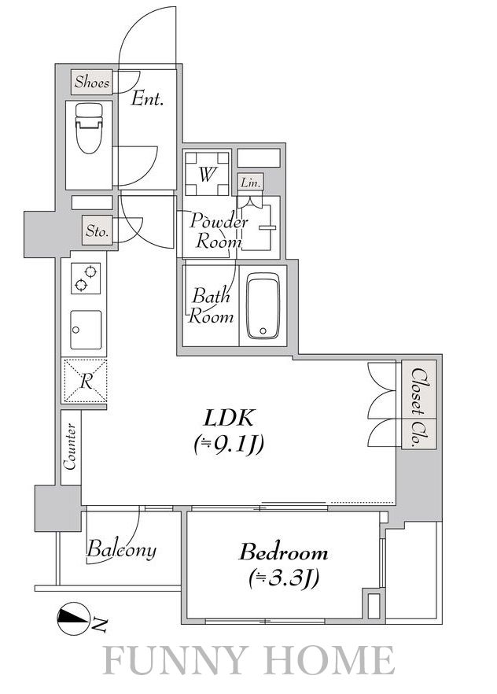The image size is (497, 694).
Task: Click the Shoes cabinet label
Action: click(92, 82)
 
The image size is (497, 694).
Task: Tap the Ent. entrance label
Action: click(147, 98)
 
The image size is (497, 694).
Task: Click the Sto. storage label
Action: click(98, 230)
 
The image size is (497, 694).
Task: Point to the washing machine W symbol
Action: click(207, 174)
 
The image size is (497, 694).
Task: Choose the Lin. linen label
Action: click(250, 182)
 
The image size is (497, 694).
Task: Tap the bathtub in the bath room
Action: click(263, 305)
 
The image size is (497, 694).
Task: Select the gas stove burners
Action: click(86, 279)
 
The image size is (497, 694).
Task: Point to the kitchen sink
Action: click(86, 330)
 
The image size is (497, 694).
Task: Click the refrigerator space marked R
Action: click(86, 381)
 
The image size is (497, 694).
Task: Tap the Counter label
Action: click(70, 447)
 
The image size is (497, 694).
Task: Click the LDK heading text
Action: click(229, 418)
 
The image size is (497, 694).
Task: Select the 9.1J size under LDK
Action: click(229, 444)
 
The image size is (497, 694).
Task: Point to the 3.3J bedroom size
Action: click(283, 578)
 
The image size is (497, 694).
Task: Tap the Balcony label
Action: click(121, 550)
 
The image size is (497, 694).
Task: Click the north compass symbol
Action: click(73, 618)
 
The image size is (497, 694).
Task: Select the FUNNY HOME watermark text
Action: click(249, 660)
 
